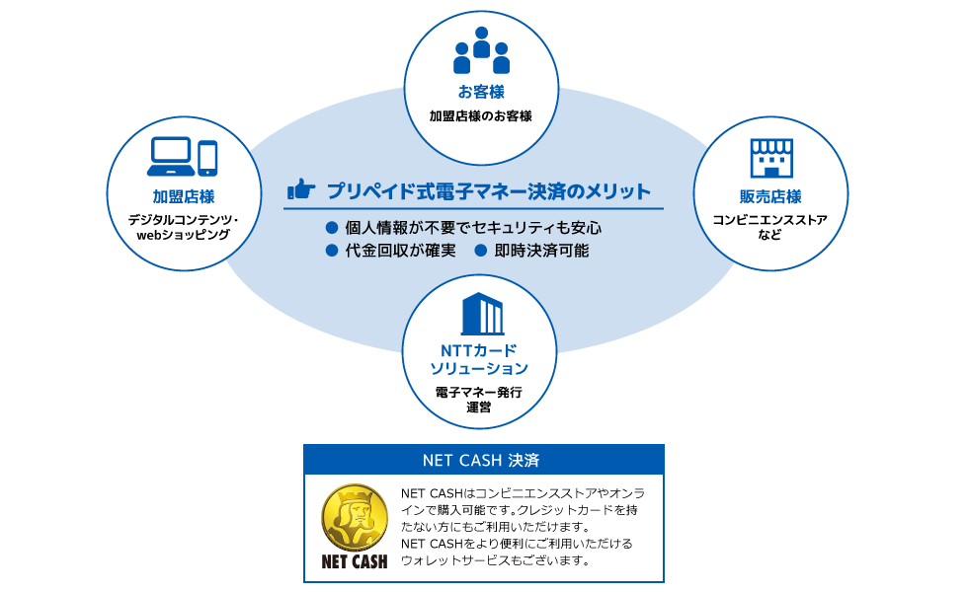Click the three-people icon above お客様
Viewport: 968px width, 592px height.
coord(482,50)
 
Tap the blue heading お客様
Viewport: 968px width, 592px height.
coord(482,92)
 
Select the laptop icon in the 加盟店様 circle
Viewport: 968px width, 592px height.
coord(171,157)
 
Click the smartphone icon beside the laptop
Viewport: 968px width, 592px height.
coord(207,159)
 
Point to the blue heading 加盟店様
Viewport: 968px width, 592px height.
coord(184,196)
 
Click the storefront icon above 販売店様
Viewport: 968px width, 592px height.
coord(771,158)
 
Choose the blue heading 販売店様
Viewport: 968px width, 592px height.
coord(770,196)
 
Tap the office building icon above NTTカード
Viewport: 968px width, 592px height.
coord(482,314)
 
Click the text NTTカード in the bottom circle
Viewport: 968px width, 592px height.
coord(478,351)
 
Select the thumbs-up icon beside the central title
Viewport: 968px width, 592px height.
coord(301,189)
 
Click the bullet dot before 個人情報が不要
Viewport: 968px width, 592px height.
coord(332,228)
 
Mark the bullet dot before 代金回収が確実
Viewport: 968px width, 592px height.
coord(332,251)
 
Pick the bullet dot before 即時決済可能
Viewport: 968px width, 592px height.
coord(481,251)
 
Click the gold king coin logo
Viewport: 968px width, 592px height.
coord(355,517)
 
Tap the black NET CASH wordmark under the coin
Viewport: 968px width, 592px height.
coord(355,561)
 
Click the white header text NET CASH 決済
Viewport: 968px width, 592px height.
coord(481,460)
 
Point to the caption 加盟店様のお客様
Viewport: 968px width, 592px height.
coord(481,116)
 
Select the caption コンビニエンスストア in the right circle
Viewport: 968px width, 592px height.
coord(769,220)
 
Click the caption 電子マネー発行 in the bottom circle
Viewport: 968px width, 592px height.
coord(479,393)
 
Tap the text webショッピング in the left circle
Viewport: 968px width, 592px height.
coord(184,235)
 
